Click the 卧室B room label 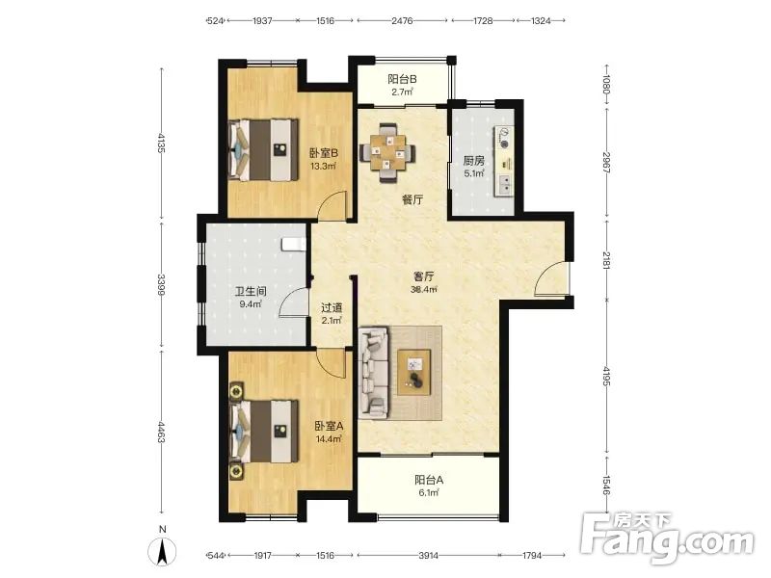[x=324, y=153]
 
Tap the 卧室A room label [x=329, y=426]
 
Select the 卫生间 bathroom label [x=251, y=292]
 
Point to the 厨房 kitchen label [x=474, y=161]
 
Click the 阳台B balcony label [x=402, y=79]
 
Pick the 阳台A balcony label [x=429, y=479]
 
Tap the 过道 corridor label [x=332, y=308]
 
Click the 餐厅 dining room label [x=412, y=199]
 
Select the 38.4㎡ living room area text [x=424, y=290]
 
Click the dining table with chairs [x=388, y=152]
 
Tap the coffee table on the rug [x=414, y=372]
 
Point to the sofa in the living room [x=374, y=373]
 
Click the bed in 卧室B [x=263, y=149]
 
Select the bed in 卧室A [x=264, y=431]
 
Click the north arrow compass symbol [x=163, y=552]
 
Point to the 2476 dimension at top [x=402, y=20]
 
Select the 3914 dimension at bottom [x=428, y=555]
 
